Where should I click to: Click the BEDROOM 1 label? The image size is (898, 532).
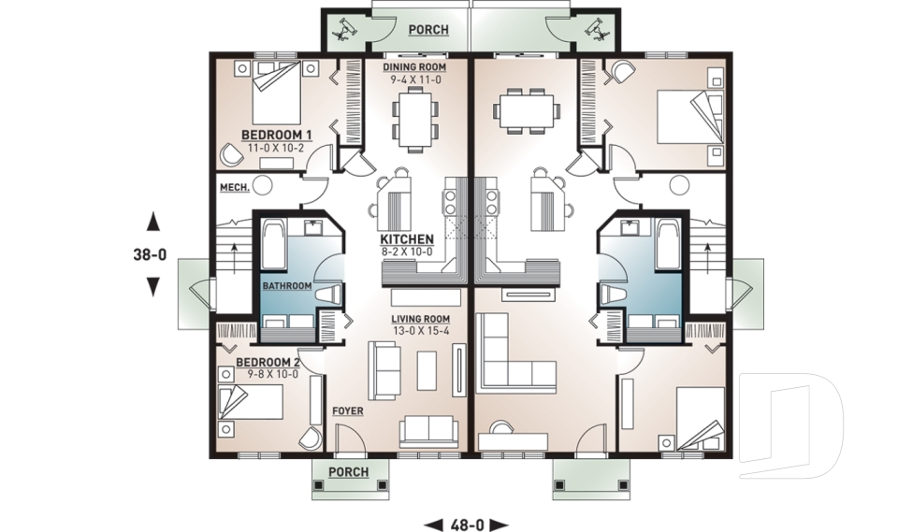pyautogui.click(x=276, y=135)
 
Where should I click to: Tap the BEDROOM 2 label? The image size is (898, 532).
pyautogui.click(x=267, y=362)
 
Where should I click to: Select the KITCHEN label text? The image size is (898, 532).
pyautogui.click(x=406, y=238)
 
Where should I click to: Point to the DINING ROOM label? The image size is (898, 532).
pyautogui.click(x=414, y=68)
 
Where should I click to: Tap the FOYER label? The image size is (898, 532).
pyautogui.click(x=347, y=410)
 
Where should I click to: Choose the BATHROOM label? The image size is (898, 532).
pyautogui.click(x=286, y=285)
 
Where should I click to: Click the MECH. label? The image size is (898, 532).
pyautogui.click(x=233, y=188)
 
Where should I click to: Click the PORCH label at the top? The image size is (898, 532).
pyautogui.click(x=428, y=30)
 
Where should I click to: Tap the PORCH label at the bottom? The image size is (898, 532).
pyautogui.click(x=348, y=472)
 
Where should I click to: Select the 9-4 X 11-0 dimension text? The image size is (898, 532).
pyautogui.click(x=414, y=80)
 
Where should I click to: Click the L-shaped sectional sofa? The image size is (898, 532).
pyautogui.click(x=510, y=360)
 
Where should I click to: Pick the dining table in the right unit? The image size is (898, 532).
pyautogui.click(x=528, y=109)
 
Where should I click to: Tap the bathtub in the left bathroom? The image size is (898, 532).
pyautogui.click(x=274, y=244)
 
